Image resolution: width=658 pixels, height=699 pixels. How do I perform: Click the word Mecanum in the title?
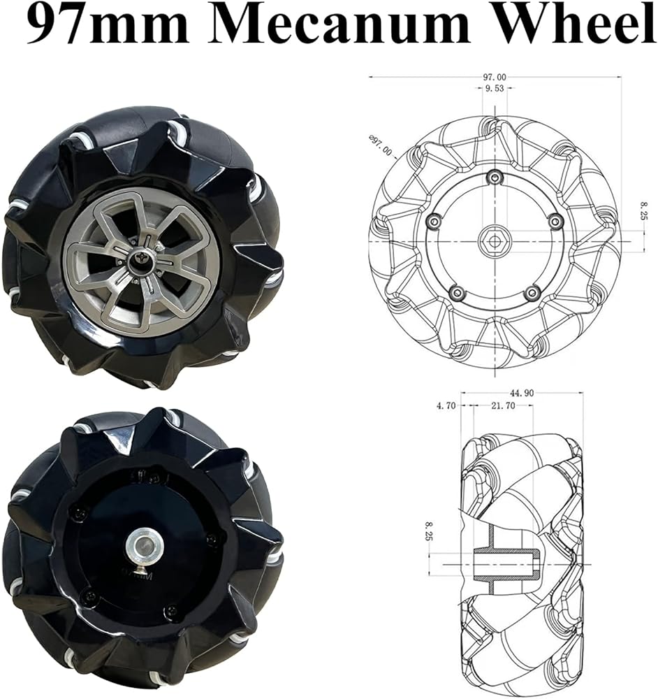(339, 24)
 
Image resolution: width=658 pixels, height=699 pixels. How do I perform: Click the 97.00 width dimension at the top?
(495, 77)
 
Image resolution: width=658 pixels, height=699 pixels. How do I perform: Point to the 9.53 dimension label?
(495, 88)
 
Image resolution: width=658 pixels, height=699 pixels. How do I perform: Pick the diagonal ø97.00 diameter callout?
(380, 146)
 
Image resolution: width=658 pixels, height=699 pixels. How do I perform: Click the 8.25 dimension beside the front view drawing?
(643, 211)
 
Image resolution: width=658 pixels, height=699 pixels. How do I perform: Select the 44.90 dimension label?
(522, 393)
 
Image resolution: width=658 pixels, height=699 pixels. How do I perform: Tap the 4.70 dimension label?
(446, 405)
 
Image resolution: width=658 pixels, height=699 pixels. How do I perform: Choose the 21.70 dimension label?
(503, 405)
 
